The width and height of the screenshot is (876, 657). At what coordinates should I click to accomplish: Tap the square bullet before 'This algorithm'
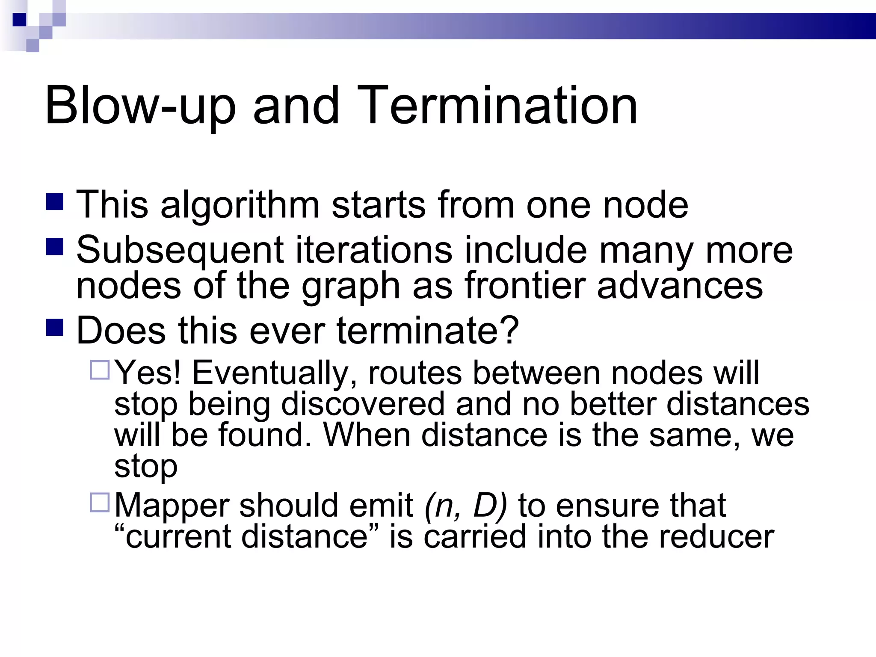tap(55, 202)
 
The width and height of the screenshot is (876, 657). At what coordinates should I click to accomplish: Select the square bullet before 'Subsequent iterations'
tap(55, 247)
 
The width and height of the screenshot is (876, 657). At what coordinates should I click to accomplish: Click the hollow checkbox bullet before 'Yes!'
tap(100, 370)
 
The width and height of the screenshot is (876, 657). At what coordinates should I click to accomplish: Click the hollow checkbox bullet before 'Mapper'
tap(100, 503)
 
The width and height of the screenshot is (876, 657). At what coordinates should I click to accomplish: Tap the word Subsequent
tap(180, 251)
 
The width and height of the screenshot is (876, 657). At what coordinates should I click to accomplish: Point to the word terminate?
tap(428, 330)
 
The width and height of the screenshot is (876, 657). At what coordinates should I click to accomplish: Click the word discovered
tap(363, 404)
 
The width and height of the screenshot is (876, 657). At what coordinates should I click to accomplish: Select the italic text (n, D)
tap(465, 506)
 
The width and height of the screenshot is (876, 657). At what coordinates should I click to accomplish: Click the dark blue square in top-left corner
tap(19, 20)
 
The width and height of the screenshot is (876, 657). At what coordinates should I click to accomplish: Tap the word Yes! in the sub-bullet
tap(148, 373)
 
